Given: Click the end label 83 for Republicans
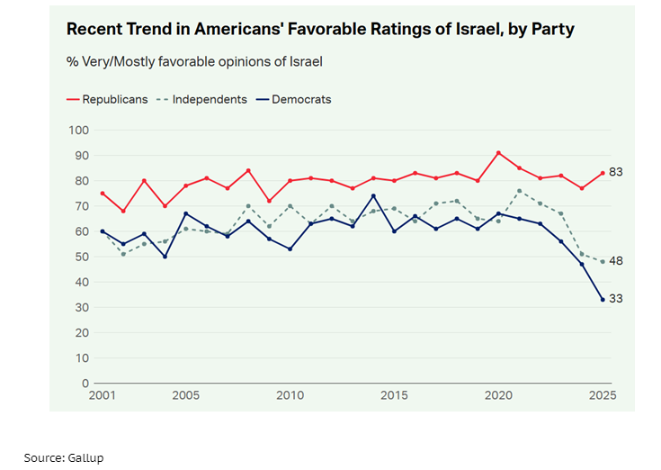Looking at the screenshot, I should pyautogui.click(x=616, y=172).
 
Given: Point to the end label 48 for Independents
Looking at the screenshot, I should pyautogui.click(x=616, y=261).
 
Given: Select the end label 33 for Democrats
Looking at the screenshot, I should pyautogui.click(x=616, y=299).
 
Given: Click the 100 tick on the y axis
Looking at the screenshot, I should pyautogui.click(x=79, y=131).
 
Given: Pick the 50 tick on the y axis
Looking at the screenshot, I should pyautogui.click(x=82, y=257).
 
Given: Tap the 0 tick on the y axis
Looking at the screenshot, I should pyautogui.click(x=85, y=383).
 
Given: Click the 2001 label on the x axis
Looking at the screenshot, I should pyautogui.click(x=103, y=395).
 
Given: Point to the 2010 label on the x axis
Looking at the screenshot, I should pyautogui.click(x=290, y=395).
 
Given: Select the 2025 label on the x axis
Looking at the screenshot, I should pyautogui.click(x=602, y=395).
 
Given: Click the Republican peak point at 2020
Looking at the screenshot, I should pyautogui.click(x=498, y=153).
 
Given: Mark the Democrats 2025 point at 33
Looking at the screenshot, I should pyautogui.click(x=603, y=300).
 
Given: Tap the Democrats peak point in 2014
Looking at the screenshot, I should pyautogui.click(x=373, y=196).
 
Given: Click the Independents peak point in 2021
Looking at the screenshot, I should pyautogui.click(x=519, y=191).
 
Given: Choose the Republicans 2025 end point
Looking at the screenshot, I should pyautogui.click(x=603, y=173).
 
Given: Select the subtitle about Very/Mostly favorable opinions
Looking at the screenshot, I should pyautogui.click(x=194, y=62).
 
